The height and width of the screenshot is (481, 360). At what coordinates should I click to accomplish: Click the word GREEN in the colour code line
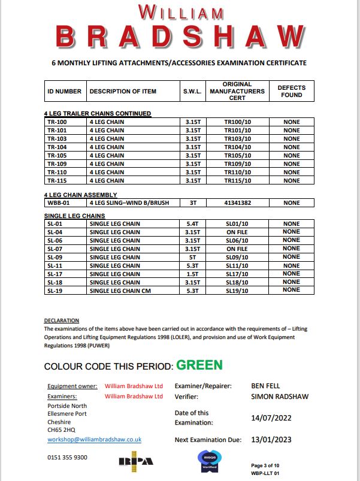click(198, 365)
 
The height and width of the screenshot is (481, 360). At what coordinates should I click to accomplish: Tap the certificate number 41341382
click(237, 203)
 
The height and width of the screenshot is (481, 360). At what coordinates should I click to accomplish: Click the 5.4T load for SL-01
click(192, 223)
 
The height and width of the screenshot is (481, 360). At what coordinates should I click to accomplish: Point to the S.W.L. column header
click(192, 92)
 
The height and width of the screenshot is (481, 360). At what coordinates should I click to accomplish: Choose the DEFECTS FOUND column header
click(291, 92)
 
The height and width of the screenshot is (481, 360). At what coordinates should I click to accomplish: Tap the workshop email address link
click(94, 439)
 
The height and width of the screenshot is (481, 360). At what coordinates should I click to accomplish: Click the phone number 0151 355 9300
click(67, 457)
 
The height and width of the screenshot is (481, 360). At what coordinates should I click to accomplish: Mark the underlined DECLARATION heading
click(62, 320)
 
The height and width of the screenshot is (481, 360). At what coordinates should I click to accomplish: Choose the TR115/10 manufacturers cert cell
click(237, 180)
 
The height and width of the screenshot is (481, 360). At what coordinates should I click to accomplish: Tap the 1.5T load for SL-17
click(192, 274)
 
